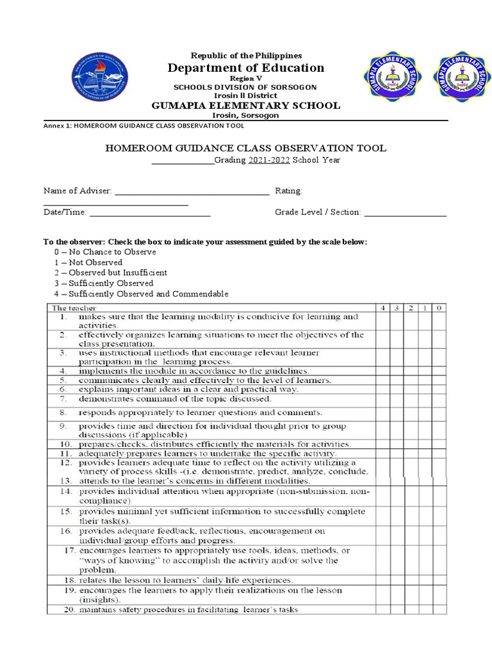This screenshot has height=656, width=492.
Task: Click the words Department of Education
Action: point(246,68)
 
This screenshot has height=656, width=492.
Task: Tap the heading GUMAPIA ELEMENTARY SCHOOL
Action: point(245,106)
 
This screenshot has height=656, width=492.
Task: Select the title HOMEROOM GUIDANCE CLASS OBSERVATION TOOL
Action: point(245,148)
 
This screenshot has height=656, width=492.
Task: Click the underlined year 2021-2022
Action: point(268,160)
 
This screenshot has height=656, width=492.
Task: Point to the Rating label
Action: point(288,191)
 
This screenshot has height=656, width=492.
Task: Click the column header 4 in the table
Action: point(383,308)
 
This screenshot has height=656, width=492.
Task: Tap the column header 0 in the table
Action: point(439,308)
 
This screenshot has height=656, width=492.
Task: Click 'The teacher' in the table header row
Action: point(71,308)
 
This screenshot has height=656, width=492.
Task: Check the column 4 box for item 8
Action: point(383,413)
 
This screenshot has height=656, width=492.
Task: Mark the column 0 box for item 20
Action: point(439,610)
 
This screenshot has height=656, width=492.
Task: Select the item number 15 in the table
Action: point(66,512)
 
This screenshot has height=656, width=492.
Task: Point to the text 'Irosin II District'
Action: point(245,95)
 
